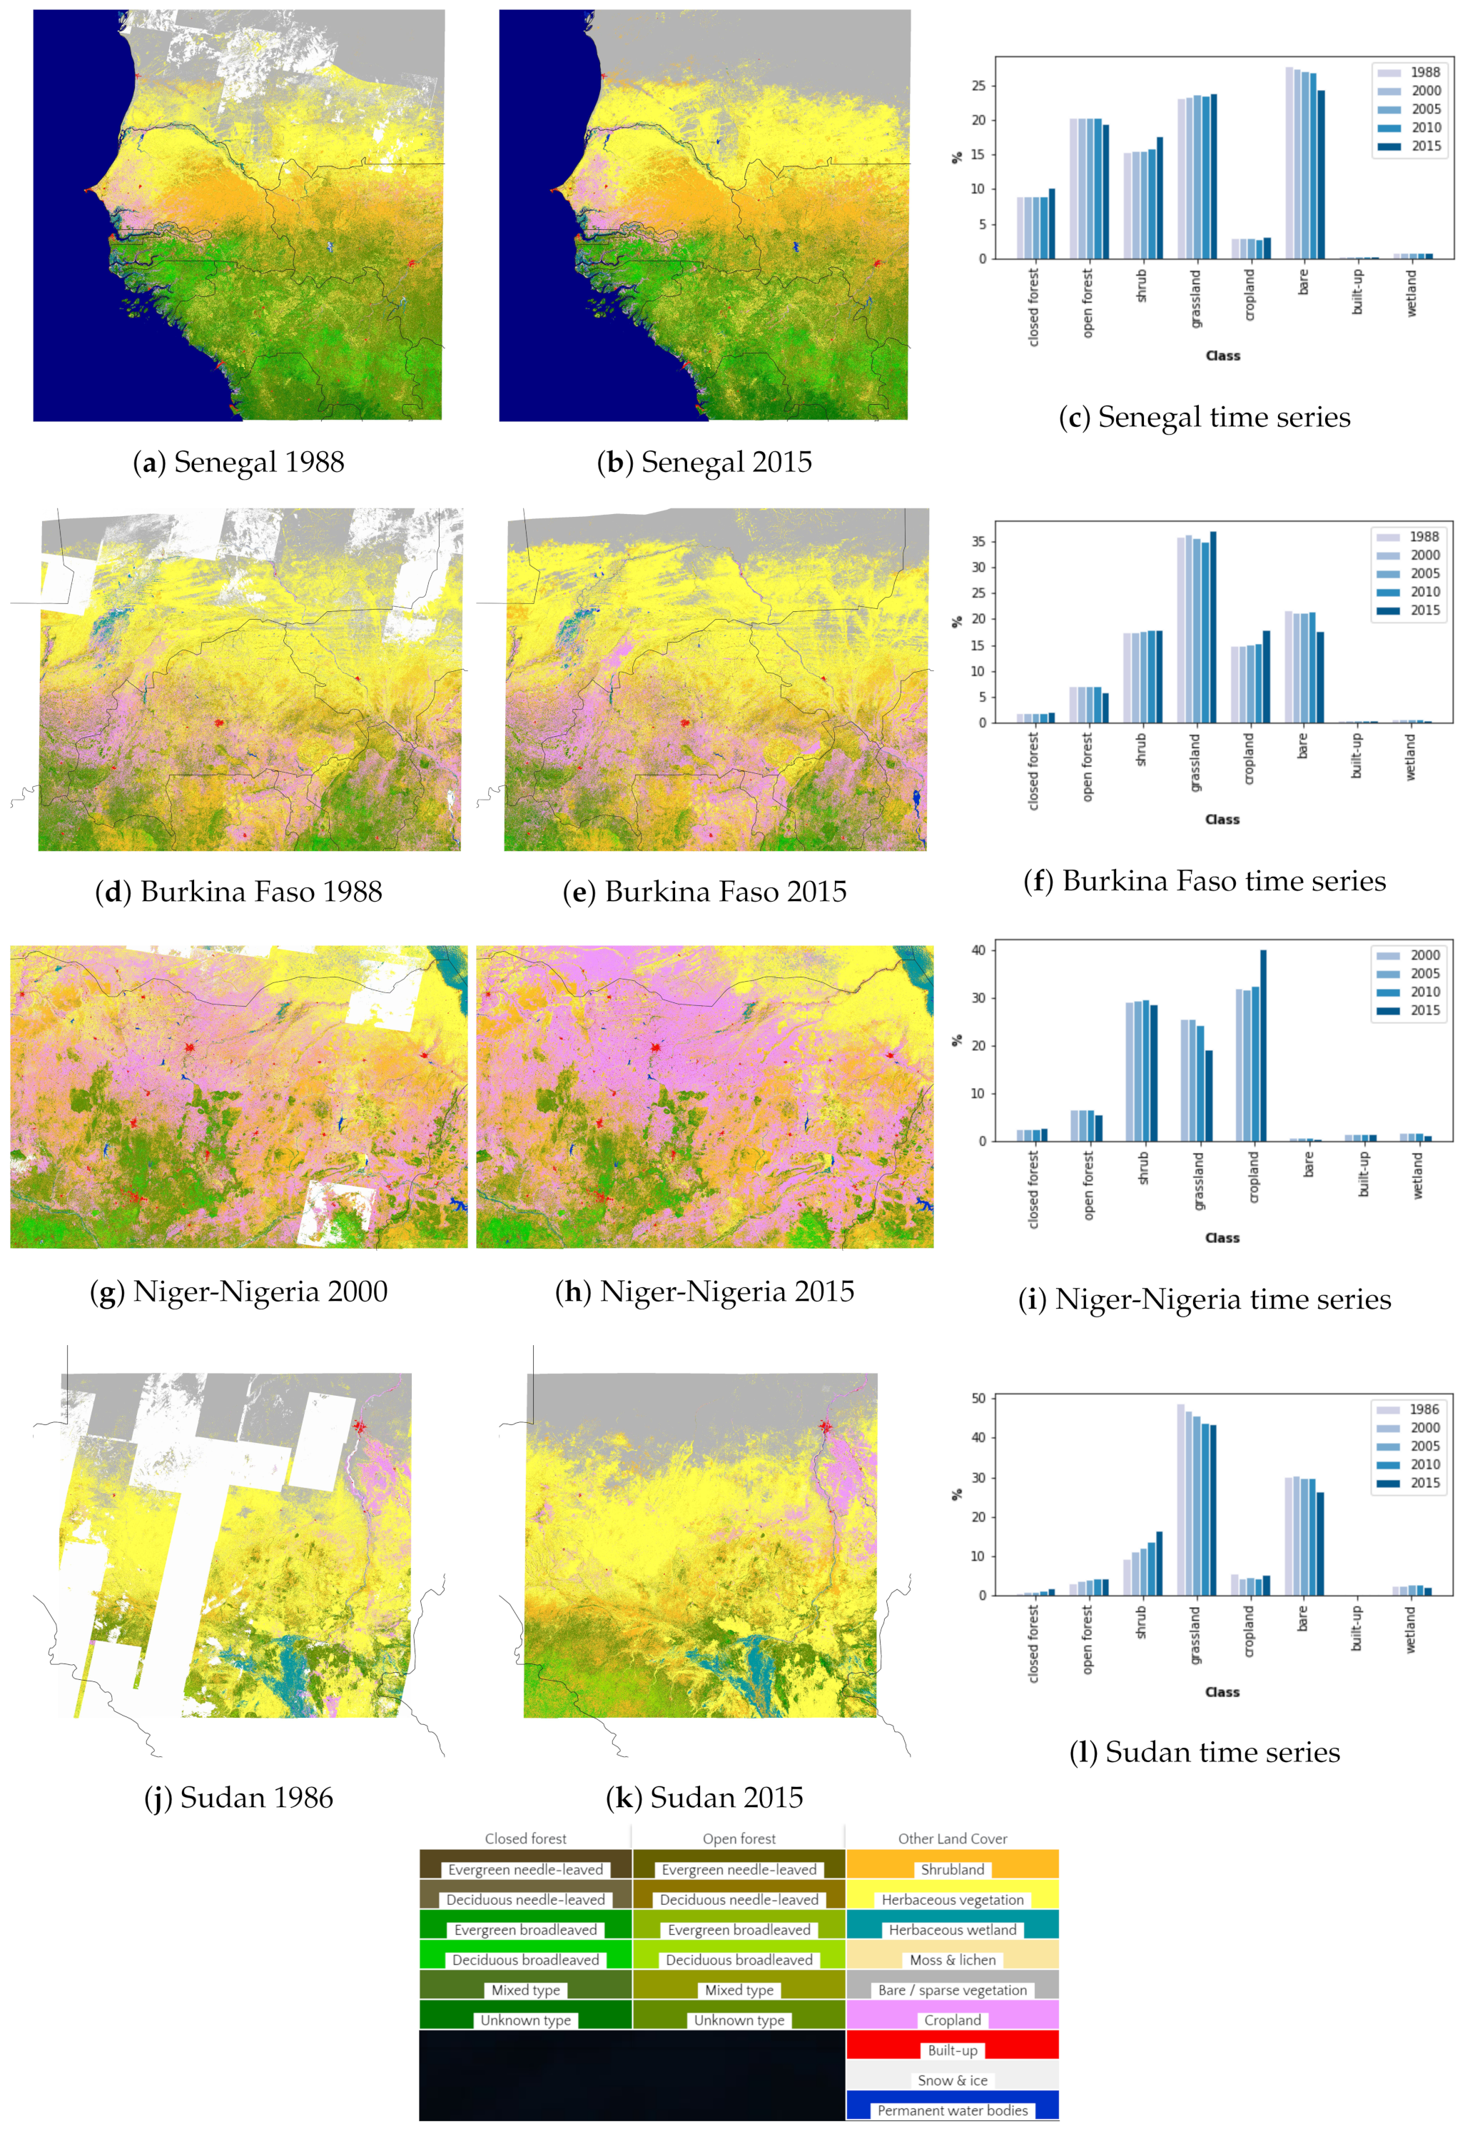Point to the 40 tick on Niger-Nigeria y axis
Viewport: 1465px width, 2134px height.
(980, 950)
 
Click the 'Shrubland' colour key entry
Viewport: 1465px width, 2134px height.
(952, 1870)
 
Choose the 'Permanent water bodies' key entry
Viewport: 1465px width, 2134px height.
(952, 2110)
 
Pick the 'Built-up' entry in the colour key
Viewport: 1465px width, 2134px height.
(952, 2050)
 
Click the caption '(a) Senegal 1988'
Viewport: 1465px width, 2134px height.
(238, 462)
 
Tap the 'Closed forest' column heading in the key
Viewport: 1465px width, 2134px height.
(525, 1838)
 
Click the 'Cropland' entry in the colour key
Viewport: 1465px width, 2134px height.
(952, 2020)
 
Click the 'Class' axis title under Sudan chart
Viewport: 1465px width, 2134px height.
(1222, 1691)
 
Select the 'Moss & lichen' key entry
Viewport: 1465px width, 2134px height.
(952, 1960)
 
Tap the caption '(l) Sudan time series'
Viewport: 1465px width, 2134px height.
(1205, 1752)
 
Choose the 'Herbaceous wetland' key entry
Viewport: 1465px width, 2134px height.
(952, 1930)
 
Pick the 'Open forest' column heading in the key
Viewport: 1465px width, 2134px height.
(739, 1838)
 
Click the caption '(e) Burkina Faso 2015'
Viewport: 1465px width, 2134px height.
(704, 892)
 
